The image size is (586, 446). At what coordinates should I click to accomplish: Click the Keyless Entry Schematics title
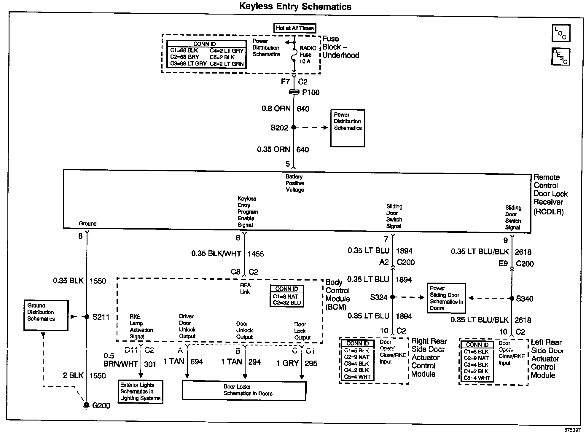point(295,7)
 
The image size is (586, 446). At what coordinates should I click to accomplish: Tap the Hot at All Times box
point(294,28)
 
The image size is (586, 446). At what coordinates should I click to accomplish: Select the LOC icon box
point(560,33)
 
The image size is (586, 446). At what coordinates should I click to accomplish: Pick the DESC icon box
point(560,56)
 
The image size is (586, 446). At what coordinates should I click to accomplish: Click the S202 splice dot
point(294,127)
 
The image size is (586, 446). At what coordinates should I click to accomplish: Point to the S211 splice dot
point(87,317)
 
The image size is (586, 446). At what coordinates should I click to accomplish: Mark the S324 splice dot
point(393,297)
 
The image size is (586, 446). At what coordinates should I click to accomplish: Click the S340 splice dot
point(512,298)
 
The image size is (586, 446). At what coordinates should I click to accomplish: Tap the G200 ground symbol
point(86,405)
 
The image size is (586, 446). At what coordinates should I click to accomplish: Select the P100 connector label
point(311,93)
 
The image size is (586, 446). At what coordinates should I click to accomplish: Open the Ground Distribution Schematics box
point(46,315)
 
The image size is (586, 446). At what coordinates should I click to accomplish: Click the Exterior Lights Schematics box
point(140,391)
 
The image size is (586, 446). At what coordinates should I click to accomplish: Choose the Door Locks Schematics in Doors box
point(244,391)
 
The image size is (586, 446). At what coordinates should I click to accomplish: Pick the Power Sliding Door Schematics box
point(446,298)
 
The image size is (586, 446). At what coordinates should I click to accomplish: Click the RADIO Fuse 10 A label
point(307,55)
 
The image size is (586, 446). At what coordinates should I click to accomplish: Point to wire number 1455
point(256,254)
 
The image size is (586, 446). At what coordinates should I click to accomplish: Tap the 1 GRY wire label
point(287,363)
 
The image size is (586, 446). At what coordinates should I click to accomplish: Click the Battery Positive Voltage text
point(295,183)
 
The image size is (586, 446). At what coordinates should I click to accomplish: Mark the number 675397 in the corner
point(572,430)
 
